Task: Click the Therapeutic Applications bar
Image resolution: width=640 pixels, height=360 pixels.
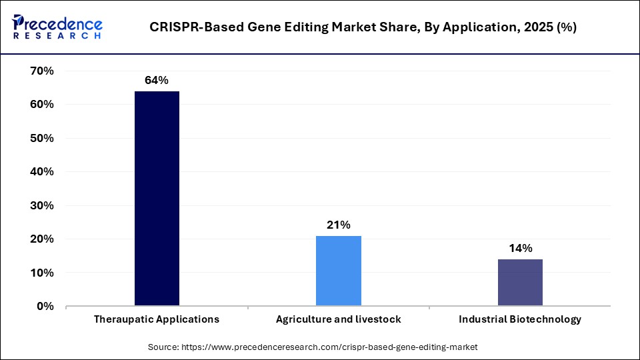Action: point(157,199)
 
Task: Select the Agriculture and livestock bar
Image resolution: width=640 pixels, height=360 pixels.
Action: point(338,271)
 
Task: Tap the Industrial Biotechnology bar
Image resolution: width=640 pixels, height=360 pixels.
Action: point(520,283)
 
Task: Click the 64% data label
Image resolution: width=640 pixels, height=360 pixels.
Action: point(157,81)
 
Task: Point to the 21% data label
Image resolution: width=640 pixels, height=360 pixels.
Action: point(338,225)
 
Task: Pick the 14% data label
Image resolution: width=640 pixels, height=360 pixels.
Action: point(520,249)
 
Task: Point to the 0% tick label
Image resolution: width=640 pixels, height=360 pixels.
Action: point(44,306)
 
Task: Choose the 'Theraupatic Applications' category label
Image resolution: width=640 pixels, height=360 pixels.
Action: point(157,319)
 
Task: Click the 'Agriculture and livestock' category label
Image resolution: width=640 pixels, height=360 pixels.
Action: point(338,319)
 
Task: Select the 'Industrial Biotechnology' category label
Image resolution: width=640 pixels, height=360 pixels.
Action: point(520,319)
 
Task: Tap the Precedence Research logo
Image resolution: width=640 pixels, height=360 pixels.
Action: point(57,27)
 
